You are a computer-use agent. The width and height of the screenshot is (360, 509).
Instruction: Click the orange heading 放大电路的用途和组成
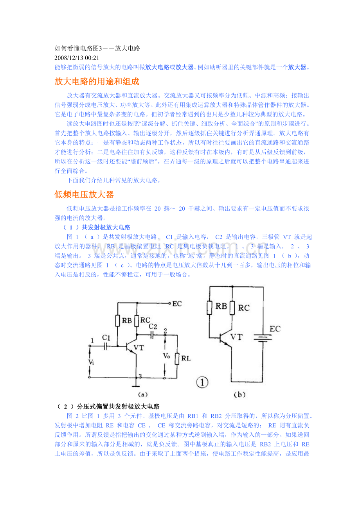(x=97, y=81)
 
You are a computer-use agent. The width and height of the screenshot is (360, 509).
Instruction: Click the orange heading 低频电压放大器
(x=84, y=195)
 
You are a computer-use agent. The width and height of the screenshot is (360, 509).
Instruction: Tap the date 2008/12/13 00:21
(x=77, y=58)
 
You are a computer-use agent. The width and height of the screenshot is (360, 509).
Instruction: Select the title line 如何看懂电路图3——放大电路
(x=97, y=48)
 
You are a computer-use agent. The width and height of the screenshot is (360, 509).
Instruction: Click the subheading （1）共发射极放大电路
(x=97, y=227)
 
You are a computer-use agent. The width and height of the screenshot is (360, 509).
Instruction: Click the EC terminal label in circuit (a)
(x=177, y=304)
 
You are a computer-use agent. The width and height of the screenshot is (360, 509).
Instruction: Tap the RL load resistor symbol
(x=177, y=358)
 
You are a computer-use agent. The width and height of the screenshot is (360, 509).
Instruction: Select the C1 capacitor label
(x=106, y=338)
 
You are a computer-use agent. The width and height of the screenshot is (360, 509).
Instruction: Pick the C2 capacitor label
(x=153, y=326)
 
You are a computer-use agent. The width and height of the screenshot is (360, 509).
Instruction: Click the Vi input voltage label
(x=91, y=362)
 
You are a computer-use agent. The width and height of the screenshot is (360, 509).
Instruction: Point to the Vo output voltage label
(x=166, y=356)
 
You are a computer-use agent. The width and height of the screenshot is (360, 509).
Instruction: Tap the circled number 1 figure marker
(x=202, y=382)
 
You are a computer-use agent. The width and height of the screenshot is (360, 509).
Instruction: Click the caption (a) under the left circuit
(x=143, y=395)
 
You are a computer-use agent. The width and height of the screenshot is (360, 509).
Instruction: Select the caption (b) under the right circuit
(x=239, y=395)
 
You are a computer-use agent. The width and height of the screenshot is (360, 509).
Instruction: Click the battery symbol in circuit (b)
(x=263, y=338)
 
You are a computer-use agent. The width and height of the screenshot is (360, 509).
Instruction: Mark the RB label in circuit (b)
(x=221, y=306)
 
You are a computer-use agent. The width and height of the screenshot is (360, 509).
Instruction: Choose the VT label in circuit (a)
(x=139, y=348)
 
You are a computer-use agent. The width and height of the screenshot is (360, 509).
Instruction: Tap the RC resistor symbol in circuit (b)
(x=232, y=308)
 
